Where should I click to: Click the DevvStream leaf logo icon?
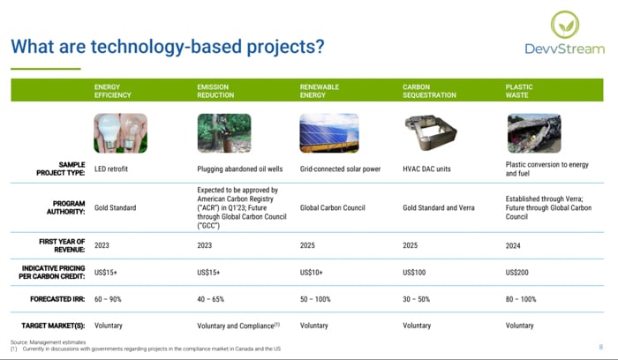click(x=565, y=25)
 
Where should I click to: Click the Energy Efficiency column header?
click(x=113, y=91)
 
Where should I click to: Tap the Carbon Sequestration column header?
click(x=429, y=91)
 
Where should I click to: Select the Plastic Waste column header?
click(x=519, y=91)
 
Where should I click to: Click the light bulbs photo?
click(x=121, y=133)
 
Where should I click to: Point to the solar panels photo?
click(x=329, y=133)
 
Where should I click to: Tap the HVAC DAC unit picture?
click(x=431, y=132)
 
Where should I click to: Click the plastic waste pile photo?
click(x=534, y=133)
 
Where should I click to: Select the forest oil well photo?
click(x=224, y=133)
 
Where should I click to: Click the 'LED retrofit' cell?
click(x=111, y=169)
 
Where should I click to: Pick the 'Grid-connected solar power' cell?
click(x=340, y=169)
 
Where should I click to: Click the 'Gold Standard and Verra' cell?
click(x=439, y=207)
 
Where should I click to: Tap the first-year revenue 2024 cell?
click(x=513, y=246)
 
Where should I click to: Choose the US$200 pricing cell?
click(x=516, y=273)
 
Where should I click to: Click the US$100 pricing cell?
click(x=414, y=273)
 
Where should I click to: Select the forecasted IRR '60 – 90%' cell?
click(x=108, y=299)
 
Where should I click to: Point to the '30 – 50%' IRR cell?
click(x=416, y=299)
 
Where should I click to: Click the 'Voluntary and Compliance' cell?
click(x=238, y=326)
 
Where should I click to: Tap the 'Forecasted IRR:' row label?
click(x=57, y=299)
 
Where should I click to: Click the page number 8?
click(x=600, y=348)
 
